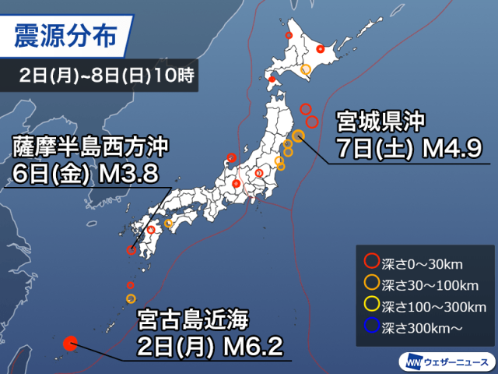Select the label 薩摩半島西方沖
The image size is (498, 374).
tap(90, 146)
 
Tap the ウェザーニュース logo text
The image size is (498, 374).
tap(453, 362)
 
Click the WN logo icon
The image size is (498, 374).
tap(410, 362)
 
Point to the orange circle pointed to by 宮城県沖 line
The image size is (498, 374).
tap(298, 133)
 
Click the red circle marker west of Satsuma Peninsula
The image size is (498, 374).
tap(132, 251)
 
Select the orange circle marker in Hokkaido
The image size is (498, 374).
tap(306, 70)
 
